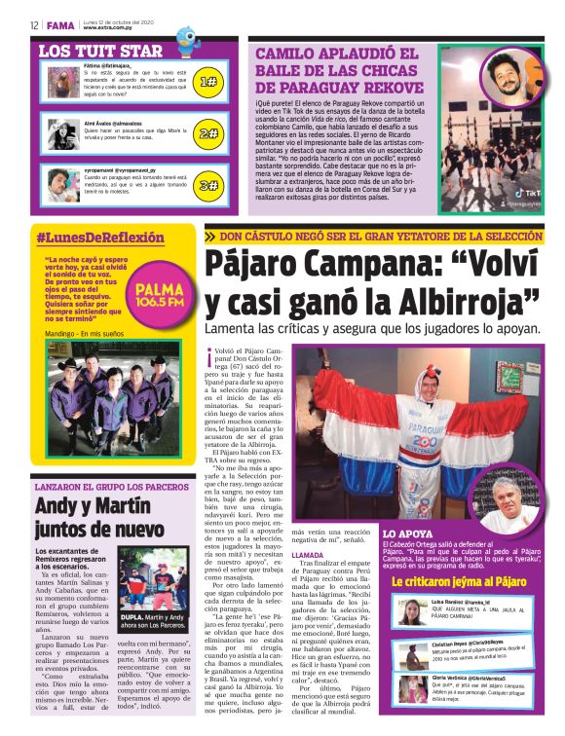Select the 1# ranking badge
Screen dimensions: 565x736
(x=207, y=83)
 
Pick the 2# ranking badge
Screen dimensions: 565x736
(x=207, y=133)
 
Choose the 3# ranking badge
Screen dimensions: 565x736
(x=207, y=184)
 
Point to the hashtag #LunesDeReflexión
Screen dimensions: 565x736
(x=100, y=238)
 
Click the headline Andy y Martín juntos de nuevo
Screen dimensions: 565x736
(x=105, y=516)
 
